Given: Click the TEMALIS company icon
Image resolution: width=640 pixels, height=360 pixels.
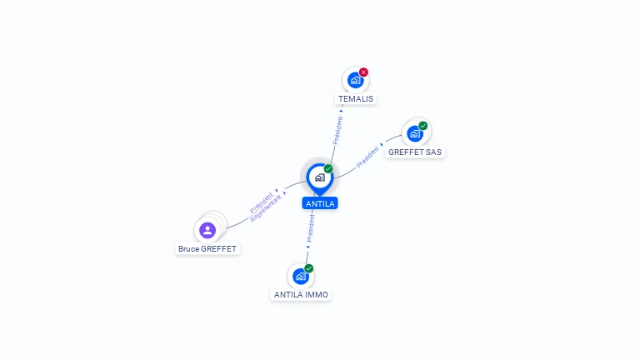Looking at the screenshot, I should [355, 80].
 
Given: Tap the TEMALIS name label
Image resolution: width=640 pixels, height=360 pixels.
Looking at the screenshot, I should [356, 98].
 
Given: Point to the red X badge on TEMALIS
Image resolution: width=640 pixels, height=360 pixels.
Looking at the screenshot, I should [363, 72].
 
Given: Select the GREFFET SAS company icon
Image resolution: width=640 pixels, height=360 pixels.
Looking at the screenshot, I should [415, 133].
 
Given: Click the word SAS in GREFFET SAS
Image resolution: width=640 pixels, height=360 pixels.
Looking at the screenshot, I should [433, 152].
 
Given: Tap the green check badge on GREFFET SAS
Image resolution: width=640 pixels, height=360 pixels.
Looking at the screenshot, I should [423, 126].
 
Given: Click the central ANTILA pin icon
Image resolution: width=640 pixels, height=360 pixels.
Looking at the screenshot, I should [319, 177].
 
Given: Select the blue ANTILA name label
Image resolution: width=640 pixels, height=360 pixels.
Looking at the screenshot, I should [320, 203].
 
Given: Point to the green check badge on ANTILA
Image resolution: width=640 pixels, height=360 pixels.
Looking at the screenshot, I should [328, 168].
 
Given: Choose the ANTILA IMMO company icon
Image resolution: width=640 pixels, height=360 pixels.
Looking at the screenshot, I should [300, 276].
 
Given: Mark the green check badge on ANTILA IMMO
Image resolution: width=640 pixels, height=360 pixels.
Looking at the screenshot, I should [308, 268].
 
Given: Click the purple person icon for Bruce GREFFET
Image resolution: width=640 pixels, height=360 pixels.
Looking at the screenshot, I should [207, 230].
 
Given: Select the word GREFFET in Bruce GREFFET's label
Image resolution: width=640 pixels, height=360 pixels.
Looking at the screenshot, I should [220, 249].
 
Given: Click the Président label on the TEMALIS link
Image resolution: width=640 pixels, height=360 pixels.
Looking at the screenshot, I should [337, 130].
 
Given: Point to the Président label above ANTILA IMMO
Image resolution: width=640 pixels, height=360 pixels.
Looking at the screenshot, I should [310, 227].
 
